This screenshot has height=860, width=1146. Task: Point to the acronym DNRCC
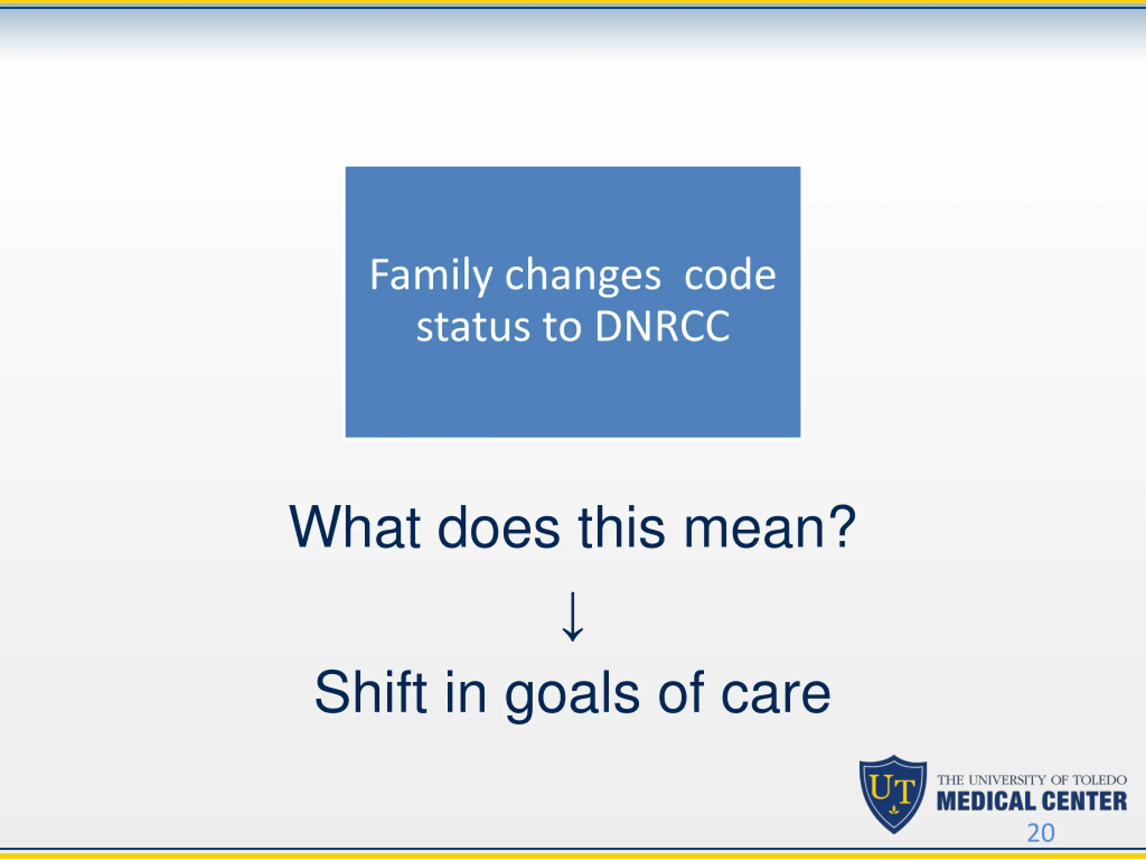[x=662, y=327]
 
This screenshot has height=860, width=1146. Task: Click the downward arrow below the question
[x=573, y=616]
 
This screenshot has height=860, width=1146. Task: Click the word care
[x=776, y=697]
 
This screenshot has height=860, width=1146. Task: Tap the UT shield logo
[x=893, y=794]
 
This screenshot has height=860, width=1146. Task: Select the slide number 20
[x=1041, y=833]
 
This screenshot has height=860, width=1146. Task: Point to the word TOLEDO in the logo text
[x=1099, y=780]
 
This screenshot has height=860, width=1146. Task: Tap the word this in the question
[x=622, y=527]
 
